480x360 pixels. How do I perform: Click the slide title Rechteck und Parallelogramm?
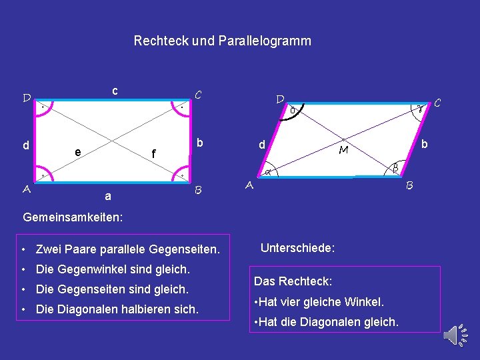coord(222,41)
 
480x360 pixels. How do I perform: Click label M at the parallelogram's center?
coord(343,151)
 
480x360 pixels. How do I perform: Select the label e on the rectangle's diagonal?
coord(78,152)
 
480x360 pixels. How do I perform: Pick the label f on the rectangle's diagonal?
coord(153,155)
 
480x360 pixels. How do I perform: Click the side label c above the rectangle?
coord(115,90)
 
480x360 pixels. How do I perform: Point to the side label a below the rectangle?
coord(108,197)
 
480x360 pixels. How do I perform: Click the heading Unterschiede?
coord(297,248)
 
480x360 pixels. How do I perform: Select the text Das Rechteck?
coord(293,281)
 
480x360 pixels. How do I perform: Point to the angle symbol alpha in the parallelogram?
coord(267,173)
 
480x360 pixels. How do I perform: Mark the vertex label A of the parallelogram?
coord(249,186)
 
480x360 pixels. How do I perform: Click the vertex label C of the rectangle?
coord(197,95)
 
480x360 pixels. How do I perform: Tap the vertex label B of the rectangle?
coord(198,191)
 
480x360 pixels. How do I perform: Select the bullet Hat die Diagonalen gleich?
coord(327,323)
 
